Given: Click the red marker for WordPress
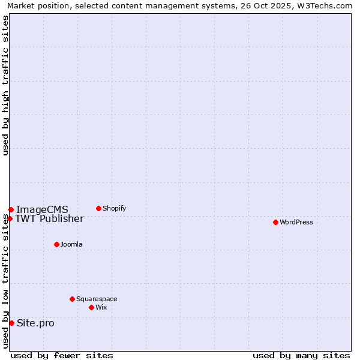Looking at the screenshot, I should point(275,222).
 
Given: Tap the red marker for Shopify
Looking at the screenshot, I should point(98,208).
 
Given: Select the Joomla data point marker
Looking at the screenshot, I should point(56,244).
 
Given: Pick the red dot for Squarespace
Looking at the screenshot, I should point(72,299).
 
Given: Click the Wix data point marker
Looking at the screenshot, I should point(91,307).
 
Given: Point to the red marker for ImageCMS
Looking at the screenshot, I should point(11,209).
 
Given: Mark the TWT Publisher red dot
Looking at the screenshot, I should point(10,218).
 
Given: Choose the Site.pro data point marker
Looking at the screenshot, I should point(11,323).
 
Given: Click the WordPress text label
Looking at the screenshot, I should point(296,222).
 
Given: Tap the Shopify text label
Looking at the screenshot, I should point(115,208).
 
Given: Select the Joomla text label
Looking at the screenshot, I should point(71,244).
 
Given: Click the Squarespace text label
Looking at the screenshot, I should point(97,299).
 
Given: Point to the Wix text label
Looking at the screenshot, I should point(101,307).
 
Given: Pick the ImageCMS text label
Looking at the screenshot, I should point(42,209).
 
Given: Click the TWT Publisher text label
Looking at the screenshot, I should point(49,218).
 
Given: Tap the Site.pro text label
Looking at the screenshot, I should point(35,323).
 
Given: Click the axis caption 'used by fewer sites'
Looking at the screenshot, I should point(62,355).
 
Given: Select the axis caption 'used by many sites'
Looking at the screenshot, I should point(301,355).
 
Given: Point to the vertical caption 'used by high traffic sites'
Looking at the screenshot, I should point(5,85).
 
